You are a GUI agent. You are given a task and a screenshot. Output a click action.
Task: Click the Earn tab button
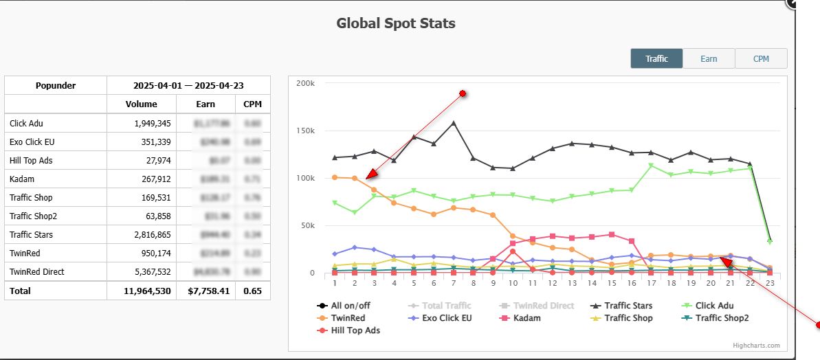(x=709, y=58)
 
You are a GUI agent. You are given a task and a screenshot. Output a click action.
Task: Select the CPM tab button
(x=761, y=58)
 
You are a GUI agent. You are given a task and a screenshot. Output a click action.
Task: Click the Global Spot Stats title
(x=395, y=23)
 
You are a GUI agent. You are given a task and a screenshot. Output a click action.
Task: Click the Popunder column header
(x=56, y=86)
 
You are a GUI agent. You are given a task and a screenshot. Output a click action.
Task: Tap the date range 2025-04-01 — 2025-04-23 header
(x=188, y=86)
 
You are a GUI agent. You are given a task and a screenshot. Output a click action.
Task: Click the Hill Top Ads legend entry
(x=355, y=330)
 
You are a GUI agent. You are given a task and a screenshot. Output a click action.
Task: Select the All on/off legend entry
(x=355, y=306)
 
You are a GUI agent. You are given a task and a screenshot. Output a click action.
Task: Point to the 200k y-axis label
(x=305, y=83)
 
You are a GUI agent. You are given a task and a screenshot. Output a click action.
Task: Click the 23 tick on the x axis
(x=770, y=282)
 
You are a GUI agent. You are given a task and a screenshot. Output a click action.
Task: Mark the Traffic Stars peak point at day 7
(x=454, y=123)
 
